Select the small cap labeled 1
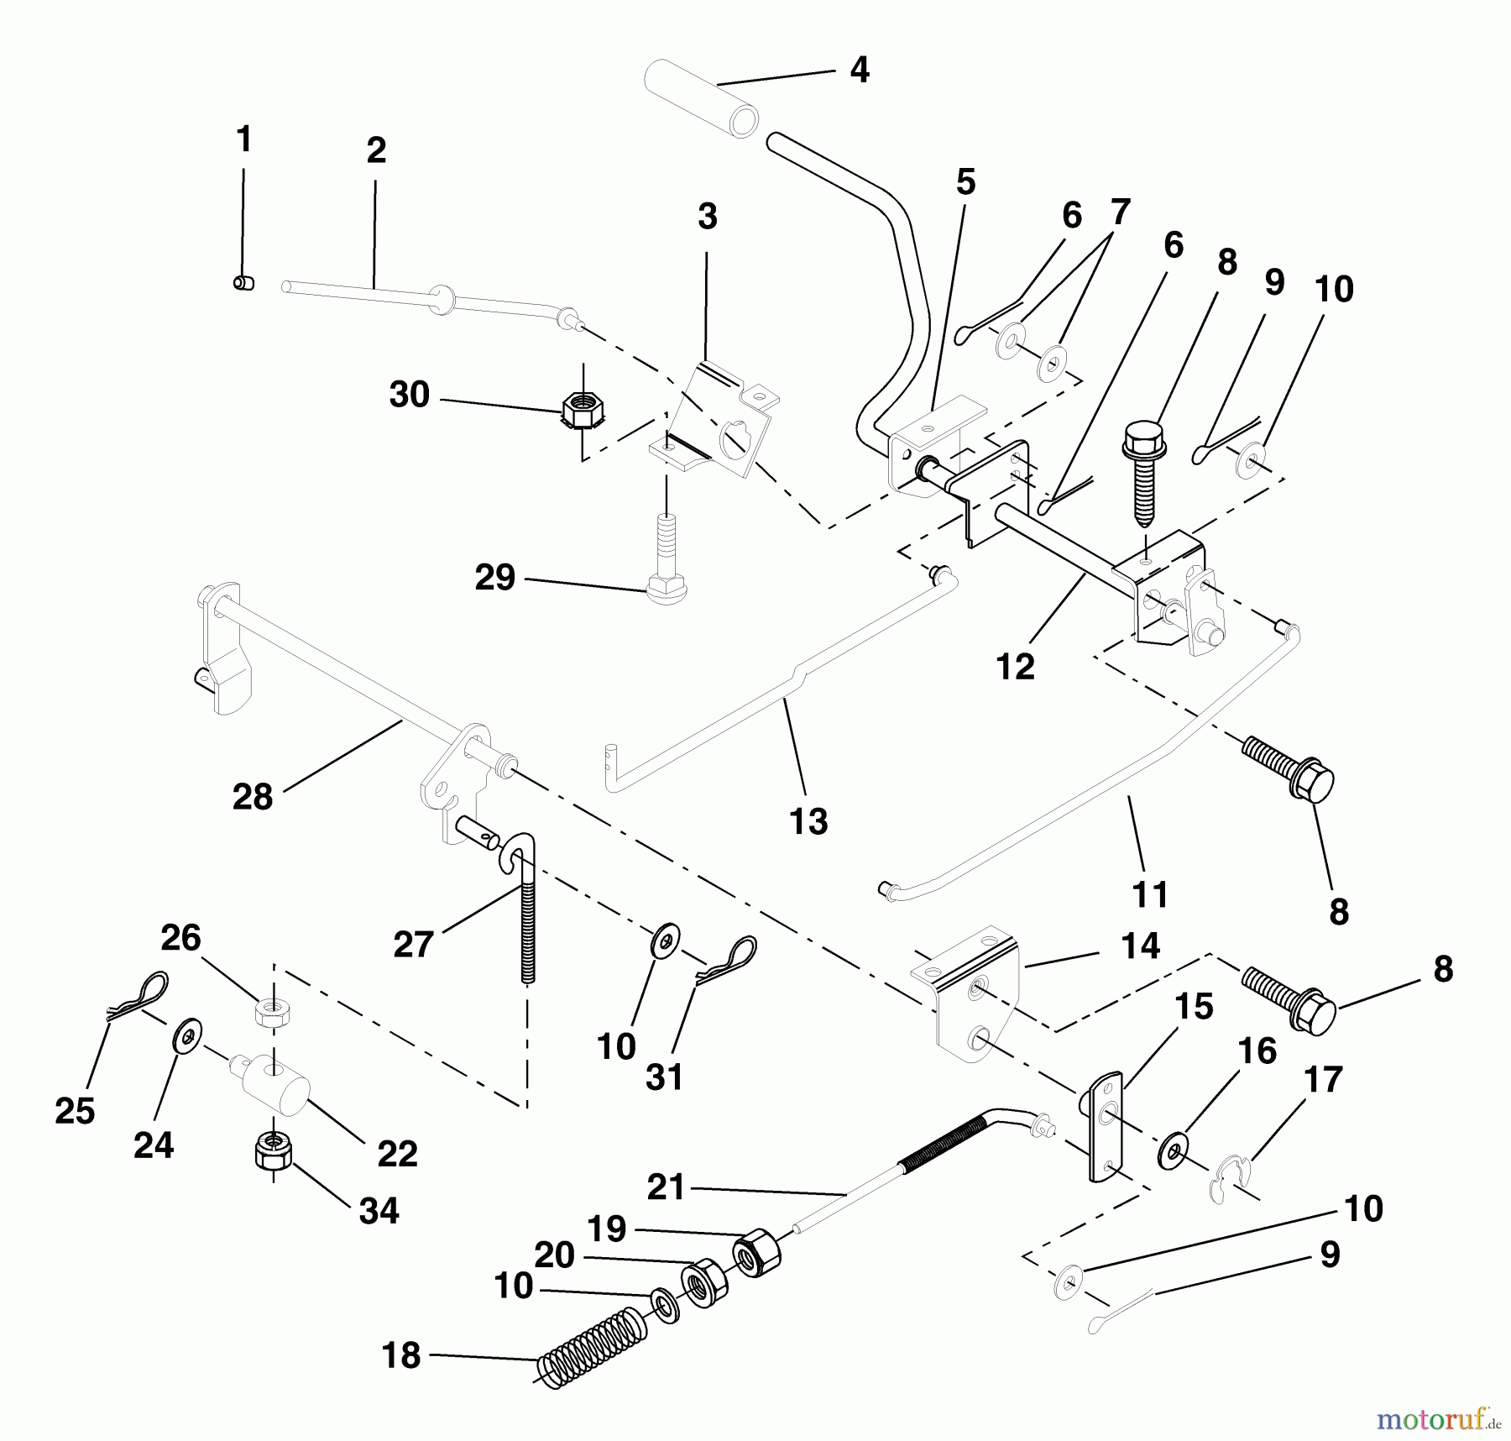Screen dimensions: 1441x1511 point(243,283)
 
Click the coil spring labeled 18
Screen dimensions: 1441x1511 point(593,1345)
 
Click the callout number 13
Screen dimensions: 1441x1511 point(808,821)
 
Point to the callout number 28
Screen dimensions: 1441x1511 point(253,796)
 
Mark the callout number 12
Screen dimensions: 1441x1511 point(1015,667)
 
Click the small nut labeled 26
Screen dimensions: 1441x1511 point(273,1014)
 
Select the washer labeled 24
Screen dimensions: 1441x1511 point(186,1036)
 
